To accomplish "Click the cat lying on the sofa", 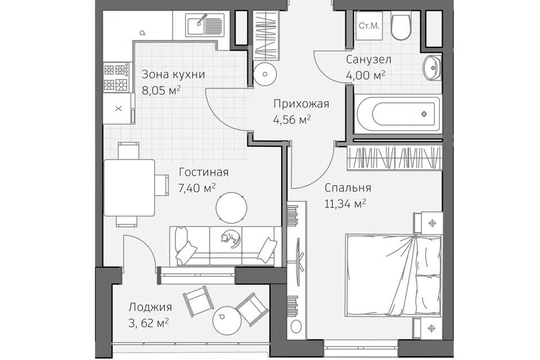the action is [x=229, y=238].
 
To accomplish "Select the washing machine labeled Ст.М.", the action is [x=369, y=25].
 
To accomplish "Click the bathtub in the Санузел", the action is [x=397, y=114].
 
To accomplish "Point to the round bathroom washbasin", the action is [x=432, y=68].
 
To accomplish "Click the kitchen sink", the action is [x=205, y=24].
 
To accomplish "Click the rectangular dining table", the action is [x=129, y=187].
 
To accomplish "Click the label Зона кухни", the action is [x=173, y=74].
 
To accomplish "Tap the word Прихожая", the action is [x=301, y=103].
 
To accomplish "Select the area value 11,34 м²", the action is [x=345, y=204].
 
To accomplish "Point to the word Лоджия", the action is [x=150, y=307].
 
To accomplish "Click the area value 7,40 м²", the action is [x=197, y=188].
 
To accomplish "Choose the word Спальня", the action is [x=348, y=188].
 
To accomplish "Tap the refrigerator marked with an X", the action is [x=119, y=108].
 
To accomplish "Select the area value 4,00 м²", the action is [x=366, y=75].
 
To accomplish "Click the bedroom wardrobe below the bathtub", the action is [x=395, y=158].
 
